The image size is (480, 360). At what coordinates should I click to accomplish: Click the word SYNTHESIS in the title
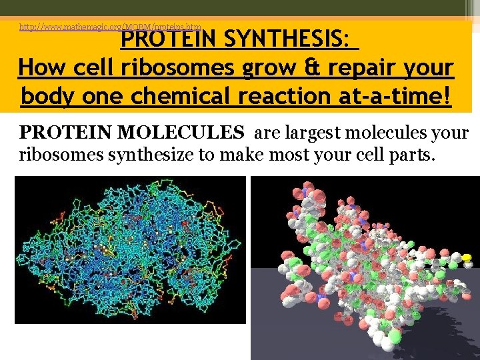[286, 40]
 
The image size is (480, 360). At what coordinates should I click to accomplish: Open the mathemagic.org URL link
[110, 27]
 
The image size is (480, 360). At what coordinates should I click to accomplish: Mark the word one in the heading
[106, 96]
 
